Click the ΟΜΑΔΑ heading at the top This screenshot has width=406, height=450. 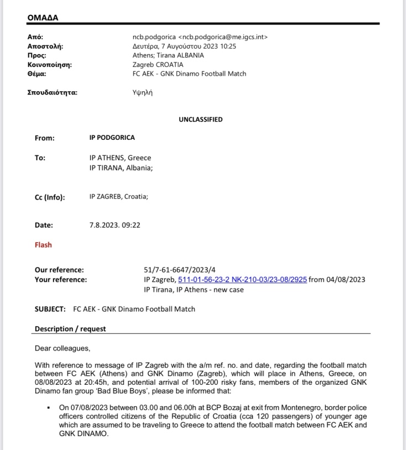(43, 18)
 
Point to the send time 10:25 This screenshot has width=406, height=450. (227, 46)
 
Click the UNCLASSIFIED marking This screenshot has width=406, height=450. (200, 119)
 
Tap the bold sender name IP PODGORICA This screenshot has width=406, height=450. (112, 138)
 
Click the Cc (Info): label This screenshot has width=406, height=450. (53, 196)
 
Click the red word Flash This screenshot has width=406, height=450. (43, 244)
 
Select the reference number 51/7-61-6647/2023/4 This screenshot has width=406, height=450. (175, 270)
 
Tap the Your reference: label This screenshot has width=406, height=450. (61, 280)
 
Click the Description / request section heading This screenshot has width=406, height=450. (70, 329)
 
